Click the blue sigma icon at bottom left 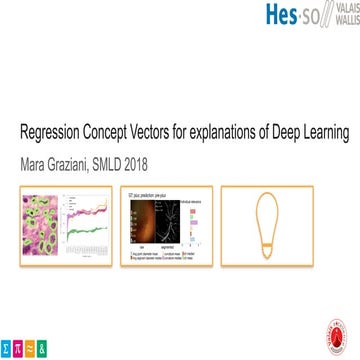tap(7, 350)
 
